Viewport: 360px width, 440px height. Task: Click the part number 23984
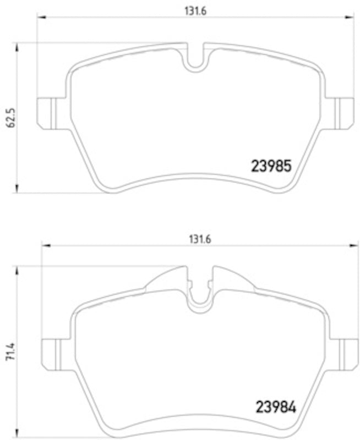[x=276, y=408]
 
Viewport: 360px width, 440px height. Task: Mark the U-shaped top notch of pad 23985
[x=195, y=61]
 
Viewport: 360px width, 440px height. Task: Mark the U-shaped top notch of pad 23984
[x=200, y=300]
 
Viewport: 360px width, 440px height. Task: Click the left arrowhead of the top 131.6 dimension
[x=41, y=18]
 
